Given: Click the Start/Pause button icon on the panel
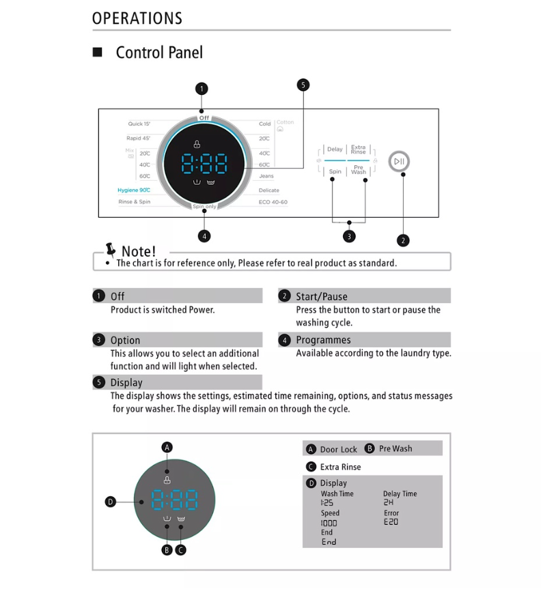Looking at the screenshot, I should (x=399, y=161).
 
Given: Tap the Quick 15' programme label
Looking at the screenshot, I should (x=139, y=124).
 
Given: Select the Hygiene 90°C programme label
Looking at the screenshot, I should (x=134, y=190).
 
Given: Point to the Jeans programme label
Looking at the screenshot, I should (x=266, y=176).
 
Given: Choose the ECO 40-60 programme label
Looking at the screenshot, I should (x=273, y=202).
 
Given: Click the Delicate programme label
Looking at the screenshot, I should (x=269, y=190).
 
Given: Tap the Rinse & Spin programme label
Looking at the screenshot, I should (x=135, y=202).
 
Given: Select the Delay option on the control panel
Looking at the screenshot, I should (x=335, y=149).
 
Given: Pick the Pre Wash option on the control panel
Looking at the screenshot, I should (x=359, y=170).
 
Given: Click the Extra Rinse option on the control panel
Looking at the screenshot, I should (x=359, y=149).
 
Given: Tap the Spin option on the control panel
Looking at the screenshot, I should (x=335, y=171).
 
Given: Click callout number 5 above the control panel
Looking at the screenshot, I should (x=303, y=85).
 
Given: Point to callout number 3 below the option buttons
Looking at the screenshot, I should (x=349, y=236).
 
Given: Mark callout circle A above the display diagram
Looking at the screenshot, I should (x=167, y=448).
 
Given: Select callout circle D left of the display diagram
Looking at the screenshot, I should (x=111, y=502).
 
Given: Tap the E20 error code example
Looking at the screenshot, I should (x=391, y=522).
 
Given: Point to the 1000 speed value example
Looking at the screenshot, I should (x=329, y=523).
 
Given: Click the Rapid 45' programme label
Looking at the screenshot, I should (x=138, y=139).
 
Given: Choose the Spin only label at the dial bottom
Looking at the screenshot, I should (x=204, y=206).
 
